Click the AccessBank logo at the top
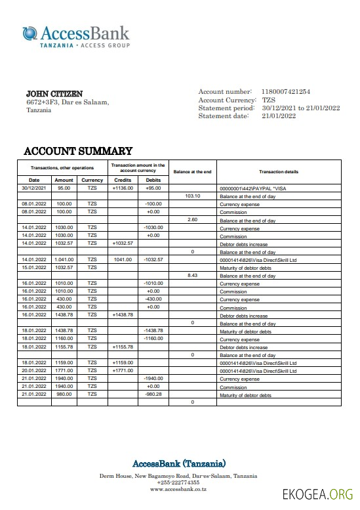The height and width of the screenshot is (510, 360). pyautogui.click(x=75, y=35)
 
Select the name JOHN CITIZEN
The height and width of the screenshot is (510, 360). pyautogui.click(x=54, y=94)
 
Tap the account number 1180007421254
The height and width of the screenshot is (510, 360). pyautogui.click(x=286, y=92)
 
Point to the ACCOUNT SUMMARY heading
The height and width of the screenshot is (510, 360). pyautogui.click(x=78, y=151)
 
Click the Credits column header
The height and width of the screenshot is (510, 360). pyautogui.click(x=123, y=180)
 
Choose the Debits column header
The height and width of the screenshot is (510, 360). pyautogui.click(x=153, y=180)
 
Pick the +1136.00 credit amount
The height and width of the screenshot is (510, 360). pyautogui.click(x=123, y=188)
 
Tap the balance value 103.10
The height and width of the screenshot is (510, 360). pyautogui.click(x=193, y=196)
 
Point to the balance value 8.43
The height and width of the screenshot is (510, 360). pyautogui.click(x=193, y=276)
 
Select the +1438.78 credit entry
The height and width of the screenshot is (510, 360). pyautogui.click(x=123, y=315)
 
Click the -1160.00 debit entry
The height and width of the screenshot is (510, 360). pyautogui.click(x=153, y=339)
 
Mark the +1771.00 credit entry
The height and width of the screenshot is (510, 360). pyautogui.click(x=123, y=371)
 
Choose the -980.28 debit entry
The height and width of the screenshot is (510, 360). pyautogui.click(x=153, y=394)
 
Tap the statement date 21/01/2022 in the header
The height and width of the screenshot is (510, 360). pyautogui.click(x=279, y=116)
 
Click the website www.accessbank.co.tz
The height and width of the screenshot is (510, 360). pyautogui.click(x=178, y=489)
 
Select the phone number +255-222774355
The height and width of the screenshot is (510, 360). pyautogui.click(x=178, y=482)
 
